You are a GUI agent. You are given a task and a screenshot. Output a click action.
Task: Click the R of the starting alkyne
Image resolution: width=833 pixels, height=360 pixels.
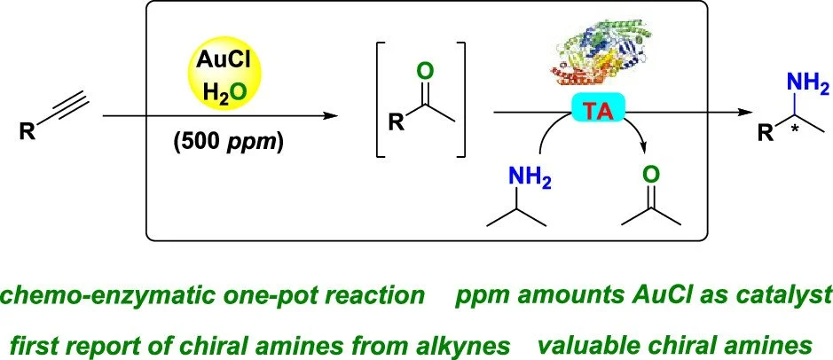[29, 133]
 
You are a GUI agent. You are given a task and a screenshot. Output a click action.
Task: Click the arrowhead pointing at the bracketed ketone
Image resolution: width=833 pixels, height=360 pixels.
[335, 115]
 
